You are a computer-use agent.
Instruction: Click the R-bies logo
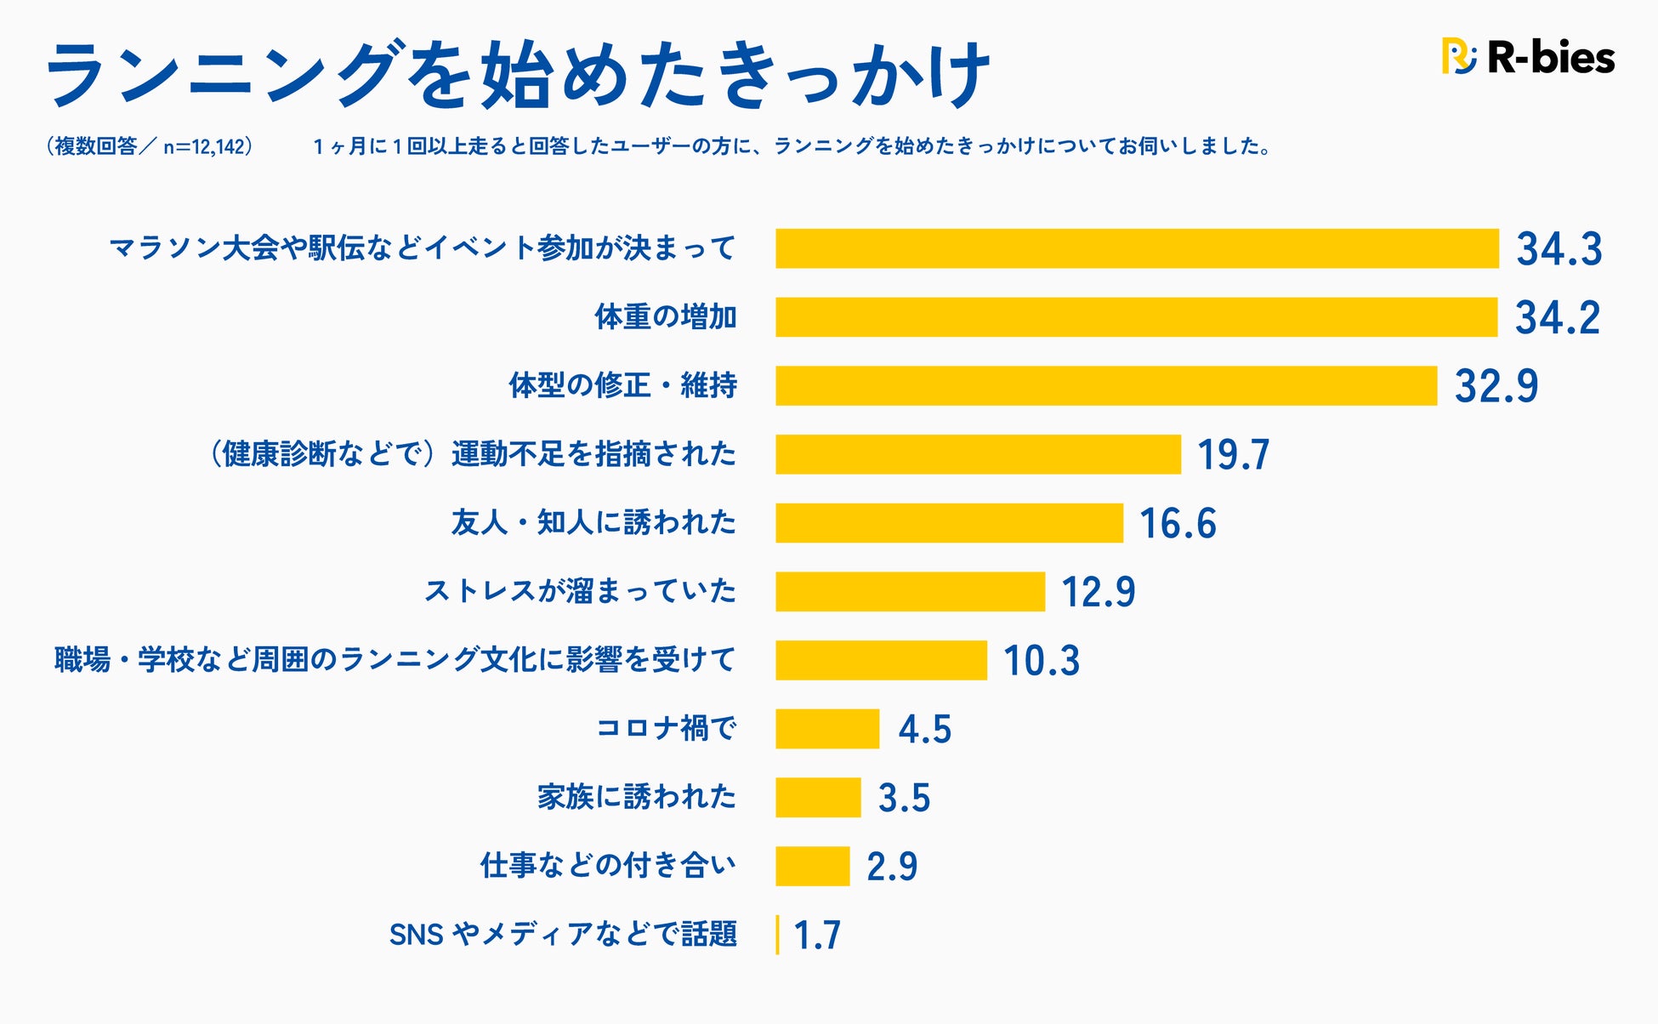(x=1528, y=57)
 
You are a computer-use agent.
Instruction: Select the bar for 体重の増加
(x=1136, y=317)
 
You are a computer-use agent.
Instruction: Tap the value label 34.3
(x=1559, y=249)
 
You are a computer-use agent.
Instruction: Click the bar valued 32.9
(x=1105, y=386)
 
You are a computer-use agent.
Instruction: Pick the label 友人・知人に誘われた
(x=593, y=522)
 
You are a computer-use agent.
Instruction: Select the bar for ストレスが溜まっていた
(x=910, y=591)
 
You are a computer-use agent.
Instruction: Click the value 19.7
(x=1233, y=454)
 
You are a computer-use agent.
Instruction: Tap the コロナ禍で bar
(x=827, y=729)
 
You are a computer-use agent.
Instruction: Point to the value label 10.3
(x=1042, y=661)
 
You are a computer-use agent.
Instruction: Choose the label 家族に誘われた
(x=636, y=797)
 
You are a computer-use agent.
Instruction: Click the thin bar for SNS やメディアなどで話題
(x=777, y=935)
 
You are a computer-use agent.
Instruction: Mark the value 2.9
(x=892, y=867)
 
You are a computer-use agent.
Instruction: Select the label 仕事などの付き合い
(x=608, y=866)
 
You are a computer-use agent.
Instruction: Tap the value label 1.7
(x=817, y=936)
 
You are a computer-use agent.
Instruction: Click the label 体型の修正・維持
(x=622, y=385)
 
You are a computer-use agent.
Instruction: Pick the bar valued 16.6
(x=949, y=523)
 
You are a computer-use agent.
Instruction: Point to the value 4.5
(x=924, y=730)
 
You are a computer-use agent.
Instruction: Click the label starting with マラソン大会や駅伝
(x=423, y=248)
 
